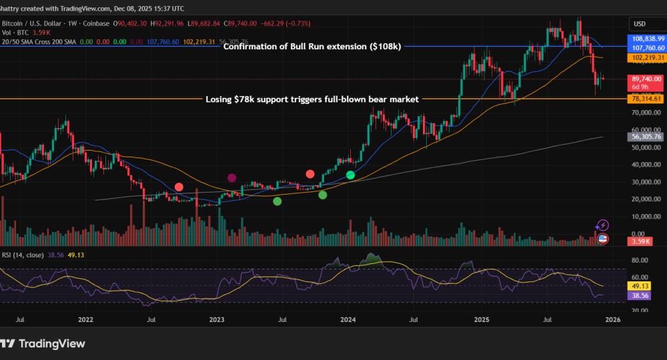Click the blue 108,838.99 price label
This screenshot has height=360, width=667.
(647, 39)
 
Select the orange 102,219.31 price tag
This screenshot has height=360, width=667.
(647, 58)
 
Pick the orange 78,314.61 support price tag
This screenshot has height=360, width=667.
(647, 99)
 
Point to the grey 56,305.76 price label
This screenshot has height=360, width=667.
(647, 137)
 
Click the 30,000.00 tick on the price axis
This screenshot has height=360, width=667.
(646, 181)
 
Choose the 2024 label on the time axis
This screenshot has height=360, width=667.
(349, 320)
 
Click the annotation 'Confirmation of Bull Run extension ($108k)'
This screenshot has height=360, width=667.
(312, 47)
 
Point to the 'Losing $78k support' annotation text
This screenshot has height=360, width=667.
(310, 99)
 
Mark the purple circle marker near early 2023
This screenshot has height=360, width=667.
(231, 178)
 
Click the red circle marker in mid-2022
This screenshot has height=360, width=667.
(179, 187)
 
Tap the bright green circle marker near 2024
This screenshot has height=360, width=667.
(350, 175)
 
